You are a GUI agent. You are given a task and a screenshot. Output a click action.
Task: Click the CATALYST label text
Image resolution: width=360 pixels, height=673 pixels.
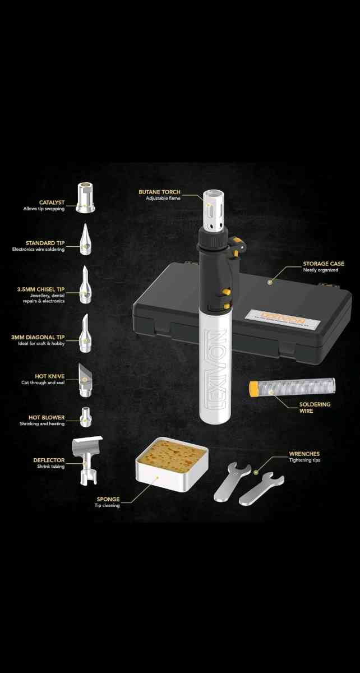(x=51, y=202)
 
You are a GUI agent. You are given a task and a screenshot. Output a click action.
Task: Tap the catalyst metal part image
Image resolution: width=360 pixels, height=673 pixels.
(x=85, y=198)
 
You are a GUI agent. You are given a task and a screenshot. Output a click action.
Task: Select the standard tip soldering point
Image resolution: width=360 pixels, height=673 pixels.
(x=85, y=239)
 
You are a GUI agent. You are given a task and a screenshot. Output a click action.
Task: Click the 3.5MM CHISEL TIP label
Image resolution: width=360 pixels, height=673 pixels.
(x=40, y=290)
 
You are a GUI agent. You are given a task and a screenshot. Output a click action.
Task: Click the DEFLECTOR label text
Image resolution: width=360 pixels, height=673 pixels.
(x=49, y=460)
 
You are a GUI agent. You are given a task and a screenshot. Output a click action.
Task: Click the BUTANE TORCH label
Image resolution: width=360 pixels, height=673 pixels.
(x=160, y=192)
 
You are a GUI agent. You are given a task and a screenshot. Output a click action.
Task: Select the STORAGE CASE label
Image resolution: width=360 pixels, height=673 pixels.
(x=325, y=263)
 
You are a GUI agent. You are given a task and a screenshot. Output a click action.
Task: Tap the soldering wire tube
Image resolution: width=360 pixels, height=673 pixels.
(x=292, y=386)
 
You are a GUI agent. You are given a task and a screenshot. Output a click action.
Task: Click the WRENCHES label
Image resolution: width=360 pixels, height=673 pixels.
(x=304, y=454)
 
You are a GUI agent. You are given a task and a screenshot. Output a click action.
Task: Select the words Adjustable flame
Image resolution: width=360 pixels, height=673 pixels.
(x=163, y=199)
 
